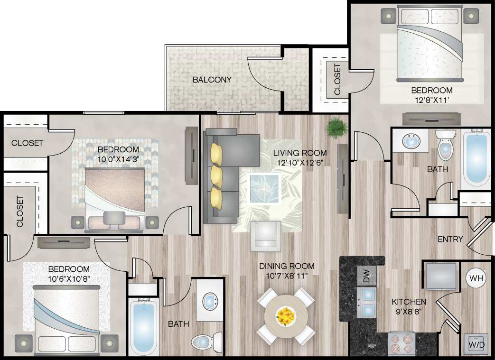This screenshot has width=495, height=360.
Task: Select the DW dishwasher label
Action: [x=366, y=277]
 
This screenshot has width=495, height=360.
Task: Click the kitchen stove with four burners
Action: [x=402, y=344]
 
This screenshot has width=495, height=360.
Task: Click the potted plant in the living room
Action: [x=336, y=127]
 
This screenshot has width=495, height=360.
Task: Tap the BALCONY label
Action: [x=212, y=80]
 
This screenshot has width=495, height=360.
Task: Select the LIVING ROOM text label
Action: [x=300, y=153]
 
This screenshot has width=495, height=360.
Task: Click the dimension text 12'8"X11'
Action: [x=431, y=100]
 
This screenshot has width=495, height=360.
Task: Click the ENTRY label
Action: [x=450, y=240]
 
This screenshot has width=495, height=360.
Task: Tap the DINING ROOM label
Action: [x=286, y=266]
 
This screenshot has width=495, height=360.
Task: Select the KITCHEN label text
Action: [x=409, y=302]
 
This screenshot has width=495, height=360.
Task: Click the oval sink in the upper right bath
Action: [x=410, y=141]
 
